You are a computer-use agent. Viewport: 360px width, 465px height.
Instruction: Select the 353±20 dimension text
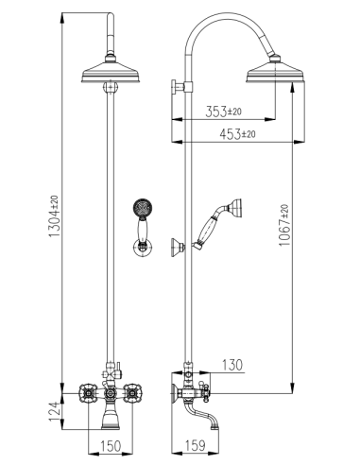224,112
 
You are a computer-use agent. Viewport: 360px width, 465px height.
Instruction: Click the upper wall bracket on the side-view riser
179,90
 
